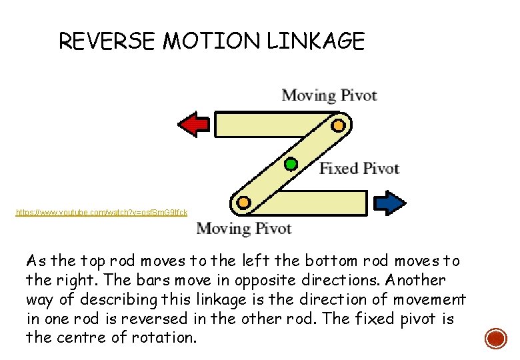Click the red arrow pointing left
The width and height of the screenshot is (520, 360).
click(194, 124)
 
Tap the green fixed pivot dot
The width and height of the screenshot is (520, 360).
click(291, 163)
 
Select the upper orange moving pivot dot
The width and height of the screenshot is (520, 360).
click(338, 125)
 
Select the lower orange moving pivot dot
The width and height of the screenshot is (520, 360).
click(244, 201)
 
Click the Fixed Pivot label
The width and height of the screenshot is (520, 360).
click(359, 168)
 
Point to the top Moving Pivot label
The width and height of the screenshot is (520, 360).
click(329, 95)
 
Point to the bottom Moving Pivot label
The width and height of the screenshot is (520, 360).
click(243, 229)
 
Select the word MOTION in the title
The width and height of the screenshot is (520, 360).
click(213, 42)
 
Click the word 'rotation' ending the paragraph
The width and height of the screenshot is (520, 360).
click(169, 337)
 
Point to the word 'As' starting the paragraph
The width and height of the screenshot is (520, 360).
click(35, 261)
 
